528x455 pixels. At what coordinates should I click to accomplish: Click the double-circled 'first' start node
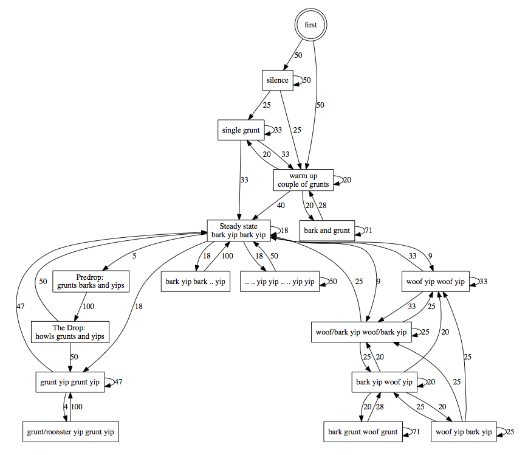310,26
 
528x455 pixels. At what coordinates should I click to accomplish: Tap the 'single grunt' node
240,130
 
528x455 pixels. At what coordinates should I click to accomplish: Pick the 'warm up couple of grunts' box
303,180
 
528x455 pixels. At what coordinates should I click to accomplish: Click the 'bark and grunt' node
327,231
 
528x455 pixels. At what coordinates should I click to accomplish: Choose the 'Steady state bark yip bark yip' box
238,231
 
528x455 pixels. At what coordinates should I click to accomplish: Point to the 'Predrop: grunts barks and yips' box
91,281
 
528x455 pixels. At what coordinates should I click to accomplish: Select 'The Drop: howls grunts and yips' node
70,332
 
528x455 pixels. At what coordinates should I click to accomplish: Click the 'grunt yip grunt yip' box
70,382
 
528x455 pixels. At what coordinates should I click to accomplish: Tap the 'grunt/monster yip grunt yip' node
70,432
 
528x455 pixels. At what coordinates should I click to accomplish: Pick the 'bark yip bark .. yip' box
196,282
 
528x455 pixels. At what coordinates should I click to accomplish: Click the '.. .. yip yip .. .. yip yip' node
279,282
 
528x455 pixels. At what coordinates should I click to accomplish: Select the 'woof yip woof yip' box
436,282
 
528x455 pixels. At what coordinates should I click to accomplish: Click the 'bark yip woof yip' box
384,382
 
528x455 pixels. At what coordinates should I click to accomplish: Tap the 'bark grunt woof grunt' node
363,432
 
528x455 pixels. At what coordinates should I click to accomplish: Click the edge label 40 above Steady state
281,206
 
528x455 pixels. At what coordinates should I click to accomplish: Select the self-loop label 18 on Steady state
284,231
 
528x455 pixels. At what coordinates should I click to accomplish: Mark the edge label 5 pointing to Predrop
134,257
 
